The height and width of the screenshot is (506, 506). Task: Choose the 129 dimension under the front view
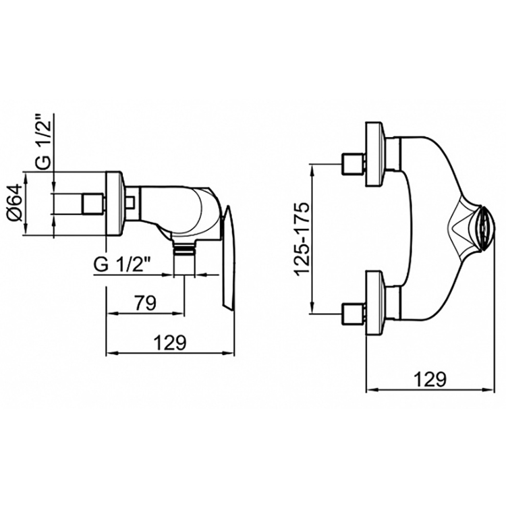[x=429, y=379]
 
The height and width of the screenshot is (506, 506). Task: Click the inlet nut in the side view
[x=91, y=203]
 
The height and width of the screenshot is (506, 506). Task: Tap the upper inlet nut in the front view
[x=353, y=164]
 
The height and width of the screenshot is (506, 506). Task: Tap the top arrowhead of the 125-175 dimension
[x=312, y=168]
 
